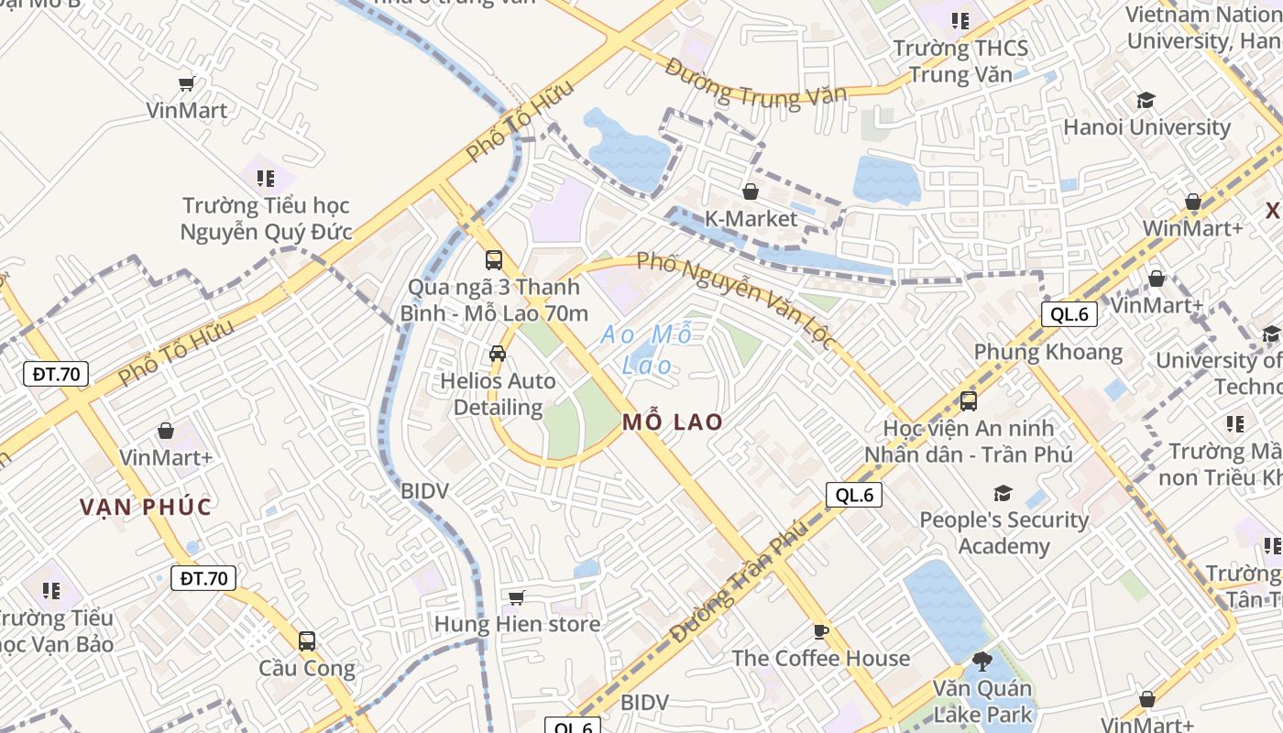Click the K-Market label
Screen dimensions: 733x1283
[x=751, y=219]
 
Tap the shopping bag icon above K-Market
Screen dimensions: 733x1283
[x=751, y=191]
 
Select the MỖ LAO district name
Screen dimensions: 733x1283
[x=673, y=422]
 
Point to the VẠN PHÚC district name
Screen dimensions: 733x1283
[x=146, y=507]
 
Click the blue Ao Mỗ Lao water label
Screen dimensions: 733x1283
[x=647, y=350]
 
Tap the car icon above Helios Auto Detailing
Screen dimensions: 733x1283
[x=498, y=353]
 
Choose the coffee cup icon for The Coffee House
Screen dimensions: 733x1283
[x=820, y=631]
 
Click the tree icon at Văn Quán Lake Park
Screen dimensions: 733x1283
[x=981, y=661]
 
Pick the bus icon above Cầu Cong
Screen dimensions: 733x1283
[x=307, y=640]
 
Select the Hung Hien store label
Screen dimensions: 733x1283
[x=517, y=625]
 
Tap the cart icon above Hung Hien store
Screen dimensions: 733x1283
[x=516, y=598]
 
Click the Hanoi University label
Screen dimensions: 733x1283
[x=1146, y=127]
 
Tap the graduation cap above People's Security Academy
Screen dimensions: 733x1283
[x=1003, y=494]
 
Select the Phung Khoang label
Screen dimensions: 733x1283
[x=1047, y=353]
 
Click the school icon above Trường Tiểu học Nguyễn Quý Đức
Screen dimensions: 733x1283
[x=266, y=178]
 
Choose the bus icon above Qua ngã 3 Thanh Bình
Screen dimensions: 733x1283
[x=494, y=259]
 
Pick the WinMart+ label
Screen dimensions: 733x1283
[x=1191, y=228]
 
